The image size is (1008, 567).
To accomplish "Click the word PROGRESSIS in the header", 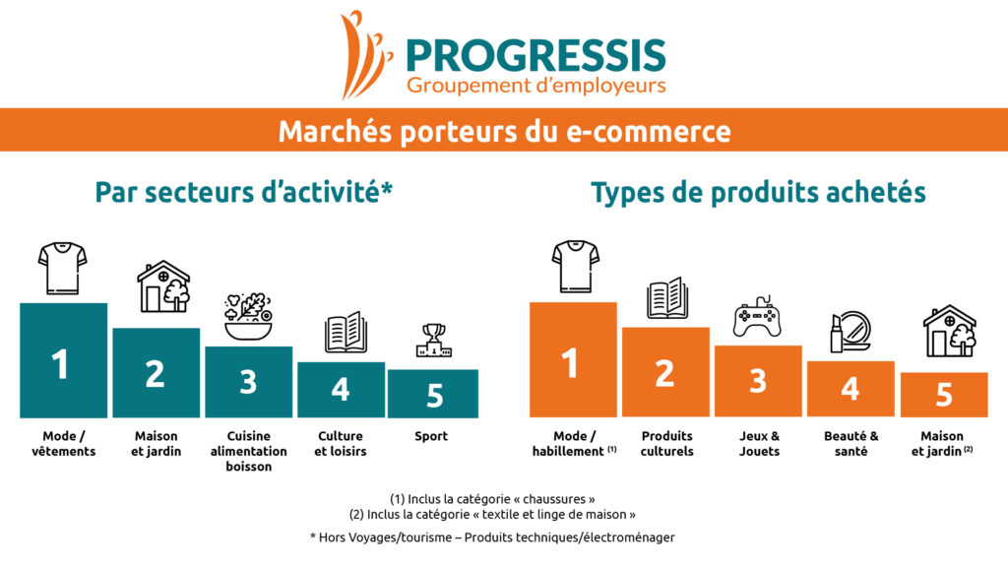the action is click(536, 55).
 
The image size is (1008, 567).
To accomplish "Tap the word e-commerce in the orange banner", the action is click(648, 131).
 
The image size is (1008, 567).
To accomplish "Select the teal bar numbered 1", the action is click(64, 360).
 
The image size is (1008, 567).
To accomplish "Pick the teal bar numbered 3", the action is click(249, 382).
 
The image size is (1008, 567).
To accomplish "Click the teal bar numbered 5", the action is click(433, 394).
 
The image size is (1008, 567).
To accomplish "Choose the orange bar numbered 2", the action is click(665, 372).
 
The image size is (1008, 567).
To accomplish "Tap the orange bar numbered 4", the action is click(850, 389).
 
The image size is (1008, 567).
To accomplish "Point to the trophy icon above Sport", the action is click(434, 340).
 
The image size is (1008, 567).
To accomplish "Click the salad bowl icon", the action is click(248, 317).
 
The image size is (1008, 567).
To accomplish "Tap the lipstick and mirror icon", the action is click(850, 332).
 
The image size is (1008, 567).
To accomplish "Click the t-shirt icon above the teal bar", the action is click(62, 268).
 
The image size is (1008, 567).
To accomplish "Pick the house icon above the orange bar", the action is click(950, 331).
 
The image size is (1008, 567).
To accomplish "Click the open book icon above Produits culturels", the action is click(667, 297).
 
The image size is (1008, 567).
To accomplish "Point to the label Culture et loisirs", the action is click(340, 444).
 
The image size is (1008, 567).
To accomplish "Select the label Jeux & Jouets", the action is click(759, 444).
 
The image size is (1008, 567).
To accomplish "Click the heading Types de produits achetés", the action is click(759, 192).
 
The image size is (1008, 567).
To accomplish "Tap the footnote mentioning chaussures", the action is click(492, 499).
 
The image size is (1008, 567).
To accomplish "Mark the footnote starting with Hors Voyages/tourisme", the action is click(492, 537).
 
